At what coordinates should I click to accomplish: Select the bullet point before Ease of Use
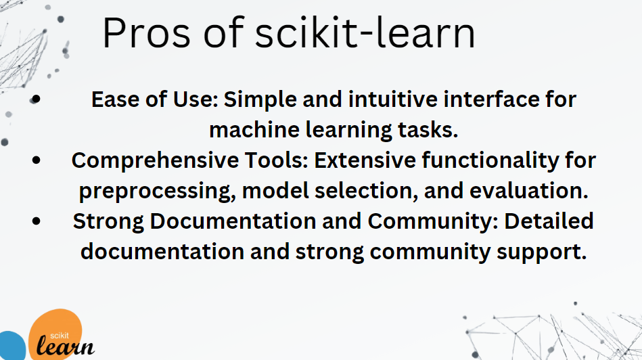click(36, 99)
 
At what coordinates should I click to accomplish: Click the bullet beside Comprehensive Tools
click(36, 160)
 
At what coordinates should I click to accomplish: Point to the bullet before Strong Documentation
click(36, 221)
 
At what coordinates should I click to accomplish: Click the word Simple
click(260, 99)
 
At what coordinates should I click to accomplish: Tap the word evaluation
click(529, 191)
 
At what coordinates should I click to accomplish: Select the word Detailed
click(549, 221)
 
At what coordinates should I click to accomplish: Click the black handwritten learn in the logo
click(66, 346)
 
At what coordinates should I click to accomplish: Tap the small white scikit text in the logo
click(60, 336)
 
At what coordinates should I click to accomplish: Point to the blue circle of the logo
click(11, 346)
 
